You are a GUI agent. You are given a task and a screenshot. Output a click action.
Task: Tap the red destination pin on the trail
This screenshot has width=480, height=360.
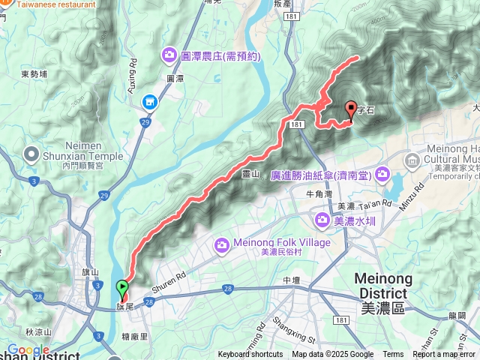coord(351,110)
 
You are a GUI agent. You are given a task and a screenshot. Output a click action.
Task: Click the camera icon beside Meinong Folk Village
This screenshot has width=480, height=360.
coord(222,244)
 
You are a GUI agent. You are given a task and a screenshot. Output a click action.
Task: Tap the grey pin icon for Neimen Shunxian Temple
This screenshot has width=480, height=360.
coord(31,154)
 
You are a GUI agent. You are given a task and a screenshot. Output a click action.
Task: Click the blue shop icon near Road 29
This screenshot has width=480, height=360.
coord(149,100)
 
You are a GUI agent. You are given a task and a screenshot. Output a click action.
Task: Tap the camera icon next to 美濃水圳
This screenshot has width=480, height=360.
coord(322,220)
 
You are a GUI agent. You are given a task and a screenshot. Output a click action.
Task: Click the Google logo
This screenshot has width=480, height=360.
coord(28,349)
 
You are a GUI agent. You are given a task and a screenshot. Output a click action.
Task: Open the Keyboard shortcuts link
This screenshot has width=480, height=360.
coord(250,355)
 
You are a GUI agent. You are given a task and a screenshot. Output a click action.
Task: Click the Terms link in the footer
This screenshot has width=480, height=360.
coord(393,355)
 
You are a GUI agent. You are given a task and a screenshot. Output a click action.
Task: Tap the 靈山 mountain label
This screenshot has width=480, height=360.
coord(250,174)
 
